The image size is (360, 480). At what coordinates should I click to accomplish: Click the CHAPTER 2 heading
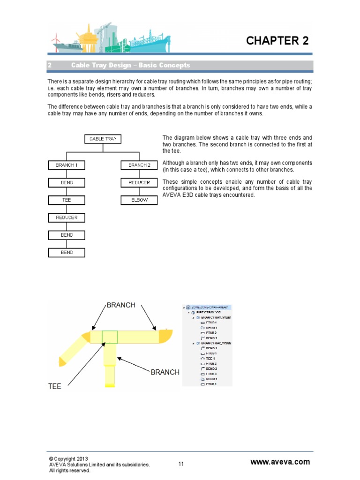pos(277,41)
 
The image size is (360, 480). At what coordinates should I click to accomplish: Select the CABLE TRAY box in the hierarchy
pos(103,139)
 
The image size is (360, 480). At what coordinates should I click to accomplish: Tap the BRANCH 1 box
pos(67,165)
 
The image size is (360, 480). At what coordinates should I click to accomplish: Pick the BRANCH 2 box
pos(139,165)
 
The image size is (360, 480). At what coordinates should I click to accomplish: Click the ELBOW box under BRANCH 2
pos(139,200)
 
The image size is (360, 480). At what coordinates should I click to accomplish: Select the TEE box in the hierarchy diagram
pos(67,200)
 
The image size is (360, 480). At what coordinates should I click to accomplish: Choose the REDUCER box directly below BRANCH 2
pos(139,182)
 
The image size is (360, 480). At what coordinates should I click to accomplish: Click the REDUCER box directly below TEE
pos(67,217)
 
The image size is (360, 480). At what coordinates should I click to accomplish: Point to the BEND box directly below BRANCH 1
pos(67,182)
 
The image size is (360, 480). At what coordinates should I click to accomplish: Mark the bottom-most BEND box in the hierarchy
pos(67,253)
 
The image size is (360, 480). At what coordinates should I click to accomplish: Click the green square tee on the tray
pos(110,337)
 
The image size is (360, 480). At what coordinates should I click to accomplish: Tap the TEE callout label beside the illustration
pos(55,387)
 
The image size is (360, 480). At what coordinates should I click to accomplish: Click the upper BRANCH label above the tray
pos(121,305)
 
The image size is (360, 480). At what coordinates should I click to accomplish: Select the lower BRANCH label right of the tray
pos(165,372)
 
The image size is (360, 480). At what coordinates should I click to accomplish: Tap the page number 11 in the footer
pos(181,464)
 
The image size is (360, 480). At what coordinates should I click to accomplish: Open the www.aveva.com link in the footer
pos(280,462)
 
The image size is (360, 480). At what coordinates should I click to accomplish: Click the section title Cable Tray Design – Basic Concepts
pos(130,65)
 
